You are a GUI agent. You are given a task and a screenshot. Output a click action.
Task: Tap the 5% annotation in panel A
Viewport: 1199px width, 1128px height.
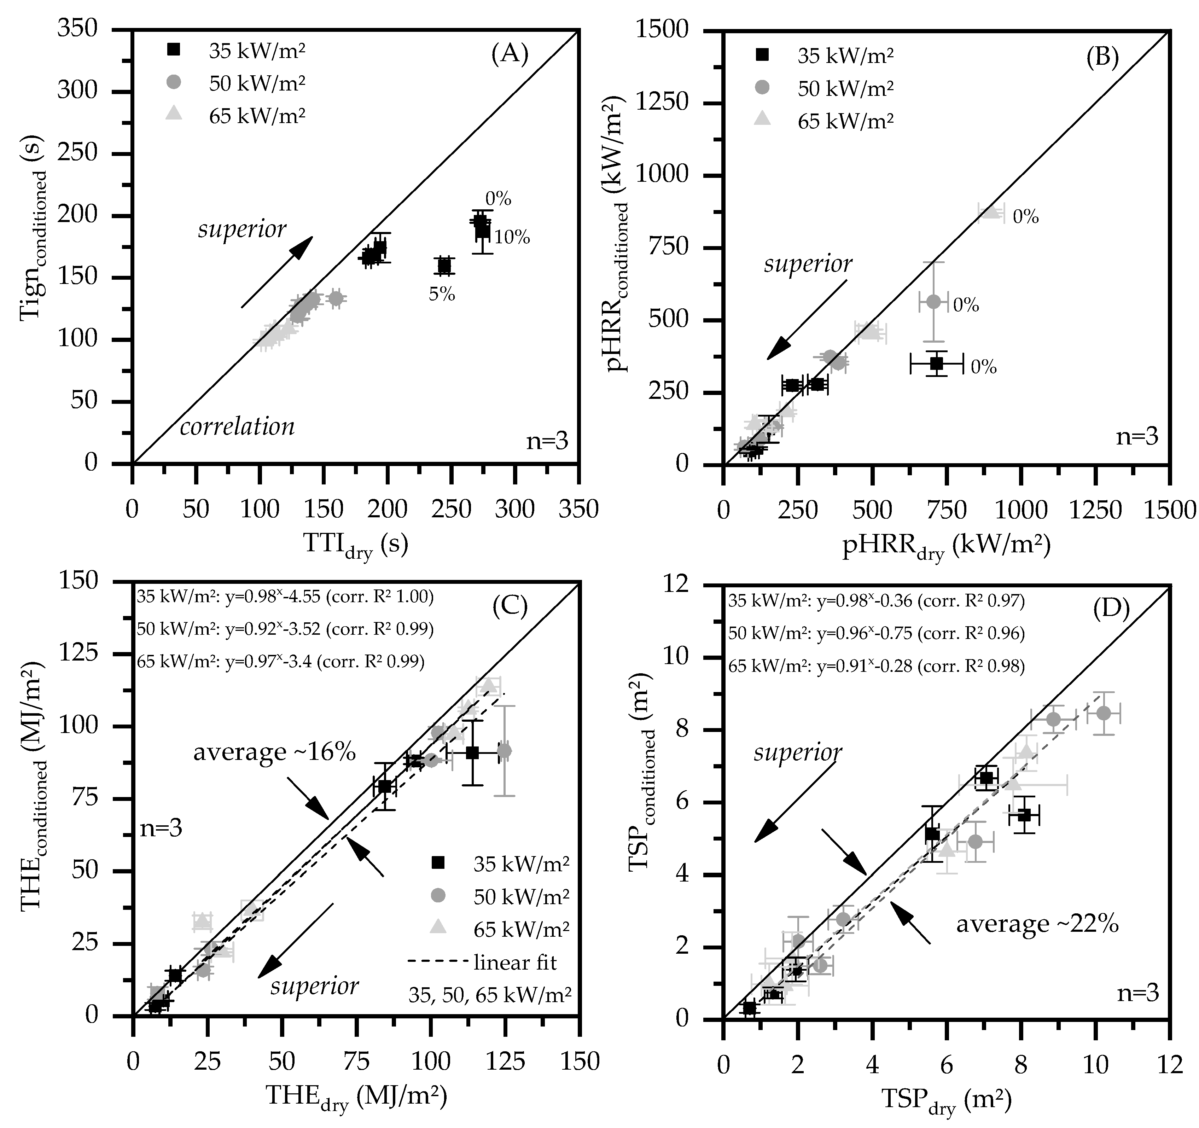point(442,294)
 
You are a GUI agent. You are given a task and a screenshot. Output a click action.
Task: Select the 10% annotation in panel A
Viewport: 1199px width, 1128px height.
point(511,238)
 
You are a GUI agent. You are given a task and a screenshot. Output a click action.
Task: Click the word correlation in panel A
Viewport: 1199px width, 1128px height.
point(237,427)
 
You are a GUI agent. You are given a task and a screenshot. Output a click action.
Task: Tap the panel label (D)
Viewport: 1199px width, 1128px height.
point(1111,610)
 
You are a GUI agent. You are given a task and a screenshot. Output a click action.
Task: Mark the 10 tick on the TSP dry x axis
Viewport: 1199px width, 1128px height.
point(1095,1065)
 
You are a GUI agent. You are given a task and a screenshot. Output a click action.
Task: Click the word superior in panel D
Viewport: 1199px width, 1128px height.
point(797,753)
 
